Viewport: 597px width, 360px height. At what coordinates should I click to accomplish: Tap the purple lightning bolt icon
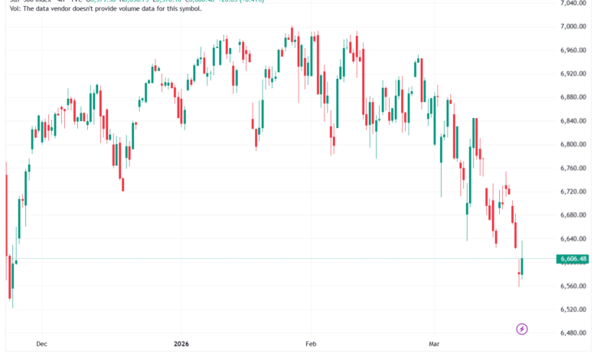(x=522, y=329)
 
